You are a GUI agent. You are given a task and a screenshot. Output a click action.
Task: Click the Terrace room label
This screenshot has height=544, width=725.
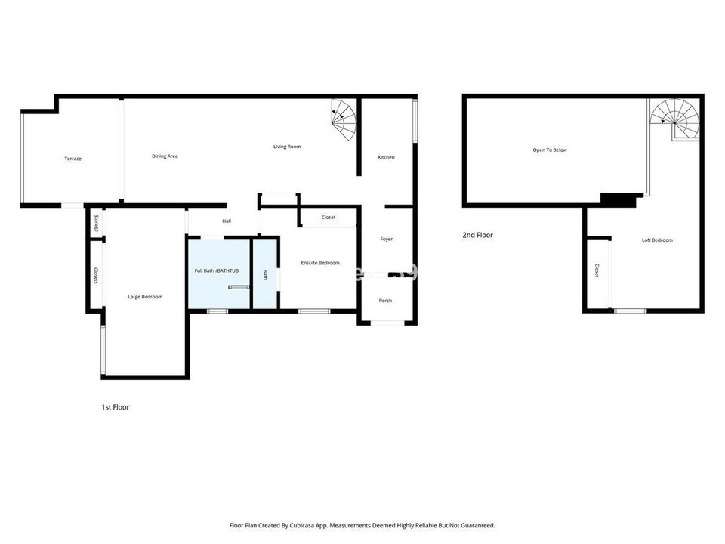tap(72, 159)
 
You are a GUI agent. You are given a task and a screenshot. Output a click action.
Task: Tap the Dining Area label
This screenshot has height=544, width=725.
tap(165, 156)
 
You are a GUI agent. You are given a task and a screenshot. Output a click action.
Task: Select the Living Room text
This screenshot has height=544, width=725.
tap(287, 147)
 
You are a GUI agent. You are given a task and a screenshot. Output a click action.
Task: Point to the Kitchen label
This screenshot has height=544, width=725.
tap(386, 157)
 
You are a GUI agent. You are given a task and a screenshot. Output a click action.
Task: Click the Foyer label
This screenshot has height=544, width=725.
tap(386, 240)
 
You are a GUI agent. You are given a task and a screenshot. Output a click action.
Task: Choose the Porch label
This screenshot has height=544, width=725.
tap(385, 301)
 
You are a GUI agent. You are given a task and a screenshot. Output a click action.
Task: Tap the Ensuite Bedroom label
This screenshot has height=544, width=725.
tap(320, 263)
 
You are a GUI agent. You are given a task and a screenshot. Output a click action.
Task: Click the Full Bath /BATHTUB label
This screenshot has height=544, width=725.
tap(217, 270)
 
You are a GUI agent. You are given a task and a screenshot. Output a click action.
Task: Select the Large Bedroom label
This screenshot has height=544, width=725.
tap(145, 297)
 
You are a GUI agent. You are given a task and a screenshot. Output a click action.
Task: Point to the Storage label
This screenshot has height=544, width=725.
tap(96, 223)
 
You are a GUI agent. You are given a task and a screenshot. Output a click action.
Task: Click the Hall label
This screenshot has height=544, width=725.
tap(227, 221)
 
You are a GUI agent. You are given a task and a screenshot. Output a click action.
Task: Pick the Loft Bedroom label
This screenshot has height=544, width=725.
tap(657, 240)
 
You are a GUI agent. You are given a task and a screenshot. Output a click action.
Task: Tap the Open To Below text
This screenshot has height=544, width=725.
tap(549, 150)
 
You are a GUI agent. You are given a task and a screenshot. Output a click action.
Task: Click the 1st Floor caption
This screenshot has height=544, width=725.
tap(115, 407)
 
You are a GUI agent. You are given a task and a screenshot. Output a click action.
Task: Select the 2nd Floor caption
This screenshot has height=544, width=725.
tap(477, 235)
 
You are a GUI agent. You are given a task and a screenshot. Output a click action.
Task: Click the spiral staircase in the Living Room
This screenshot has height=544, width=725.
tap(344, 120)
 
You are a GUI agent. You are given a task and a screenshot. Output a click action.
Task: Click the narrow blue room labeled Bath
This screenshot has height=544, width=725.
tap(265, 274)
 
